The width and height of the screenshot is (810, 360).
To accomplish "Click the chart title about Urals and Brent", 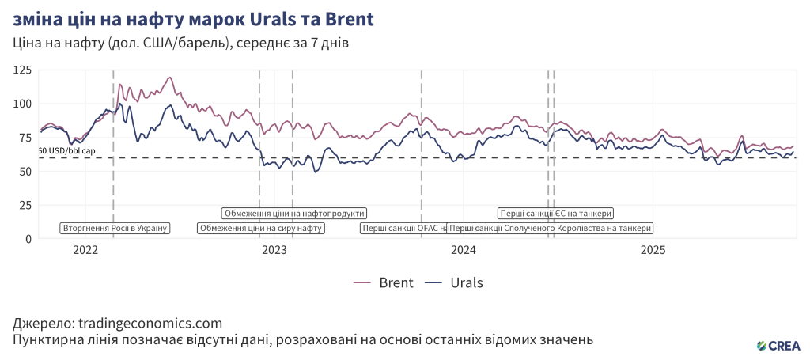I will tap(194, 17).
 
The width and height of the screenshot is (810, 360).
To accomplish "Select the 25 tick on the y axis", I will tap(25, 205).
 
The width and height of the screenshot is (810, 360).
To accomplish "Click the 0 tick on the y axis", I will tap(28, 238).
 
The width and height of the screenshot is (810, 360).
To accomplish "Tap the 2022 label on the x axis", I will tap(85, 251).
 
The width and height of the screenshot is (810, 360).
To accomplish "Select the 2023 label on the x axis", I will tap(274, 251).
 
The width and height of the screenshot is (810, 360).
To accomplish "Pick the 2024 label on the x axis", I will tap(464, 251).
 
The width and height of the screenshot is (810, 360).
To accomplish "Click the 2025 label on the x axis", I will tap(653, 251).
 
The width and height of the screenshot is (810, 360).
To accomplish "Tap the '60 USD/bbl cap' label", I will tap(66, 150).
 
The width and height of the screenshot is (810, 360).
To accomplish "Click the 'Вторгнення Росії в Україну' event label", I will tap(115, 229).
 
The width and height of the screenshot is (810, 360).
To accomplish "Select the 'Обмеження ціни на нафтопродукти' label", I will tap(294, 213).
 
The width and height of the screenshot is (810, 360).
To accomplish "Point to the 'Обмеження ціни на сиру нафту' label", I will tap(261, 229).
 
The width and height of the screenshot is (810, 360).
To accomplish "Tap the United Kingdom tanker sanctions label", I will tap(551, 229).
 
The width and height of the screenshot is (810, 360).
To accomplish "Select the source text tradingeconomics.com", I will tap(117, 324).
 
